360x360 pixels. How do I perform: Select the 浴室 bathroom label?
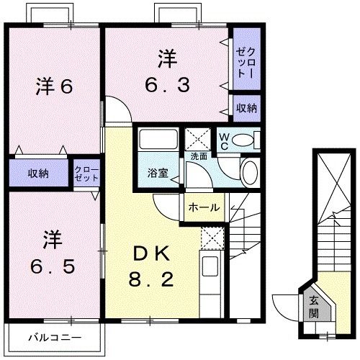158,174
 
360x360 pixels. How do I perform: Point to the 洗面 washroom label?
199,156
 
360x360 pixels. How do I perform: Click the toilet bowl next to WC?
245,138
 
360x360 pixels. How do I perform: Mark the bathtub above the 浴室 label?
158,139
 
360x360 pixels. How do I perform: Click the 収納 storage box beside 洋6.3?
246,108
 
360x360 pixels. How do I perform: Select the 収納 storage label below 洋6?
39,174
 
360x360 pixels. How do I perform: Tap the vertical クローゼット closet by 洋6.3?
246,62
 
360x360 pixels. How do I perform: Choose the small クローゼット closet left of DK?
86,174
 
